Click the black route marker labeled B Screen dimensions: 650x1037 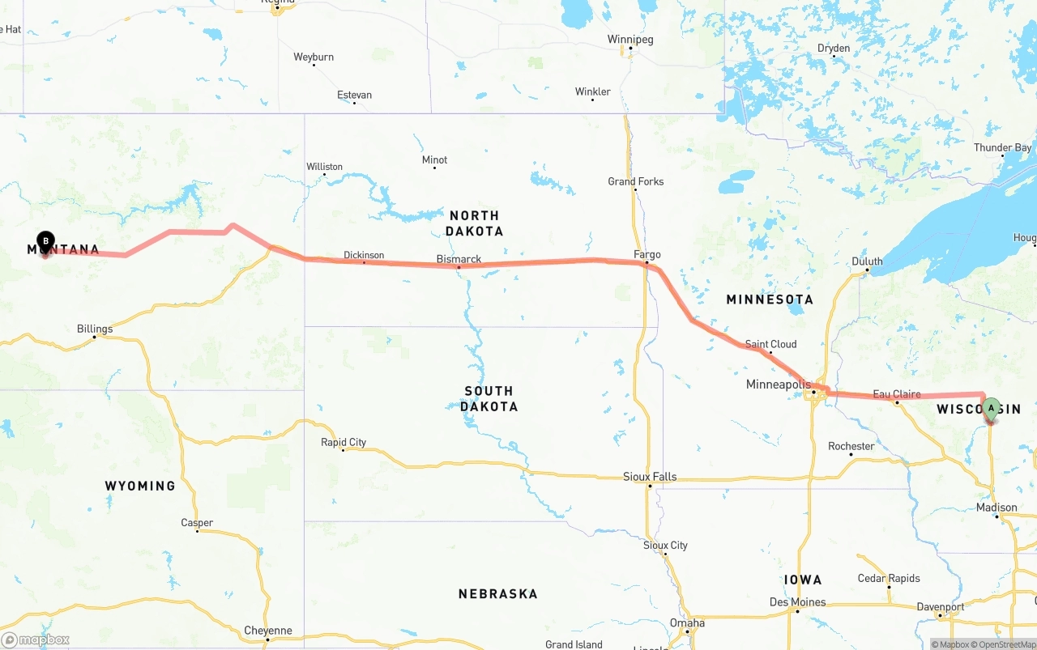[46, 240]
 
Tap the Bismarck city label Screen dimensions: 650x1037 [459, 259]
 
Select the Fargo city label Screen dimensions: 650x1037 [647, 255]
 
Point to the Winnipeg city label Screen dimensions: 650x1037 [630, 40]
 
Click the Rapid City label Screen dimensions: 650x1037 [344, 442]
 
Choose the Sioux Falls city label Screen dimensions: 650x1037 [650, 477]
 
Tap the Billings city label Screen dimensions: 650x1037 [95, 329]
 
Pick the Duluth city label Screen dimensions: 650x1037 [867, 261]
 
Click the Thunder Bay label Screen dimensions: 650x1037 [1003, 148]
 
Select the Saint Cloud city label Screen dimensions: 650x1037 [770, 344]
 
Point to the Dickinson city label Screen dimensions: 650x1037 [364, 255]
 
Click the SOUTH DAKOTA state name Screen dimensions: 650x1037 [489, 398]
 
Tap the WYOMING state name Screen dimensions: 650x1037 [140, 486]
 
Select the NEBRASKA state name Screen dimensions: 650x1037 [497, 593]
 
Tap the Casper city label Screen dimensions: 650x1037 [197, 523]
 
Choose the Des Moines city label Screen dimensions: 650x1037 [798, 602]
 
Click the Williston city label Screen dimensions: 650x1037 [324, 167]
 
